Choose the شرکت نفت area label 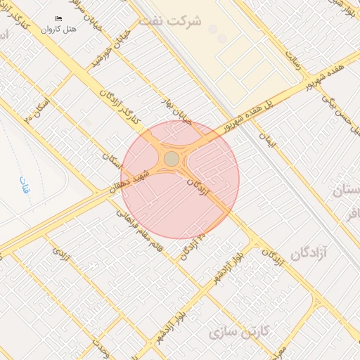[x=169, y=21]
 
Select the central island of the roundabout [x=172, y=159]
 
